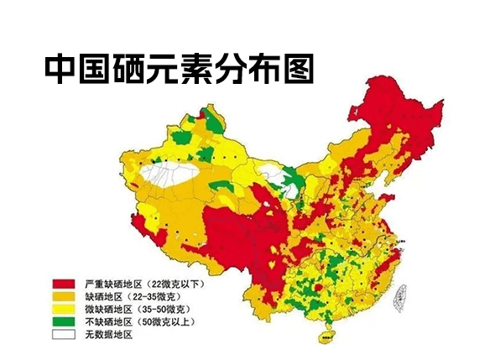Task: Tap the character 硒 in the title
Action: [128, 69]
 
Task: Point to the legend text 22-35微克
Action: [156, 297]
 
